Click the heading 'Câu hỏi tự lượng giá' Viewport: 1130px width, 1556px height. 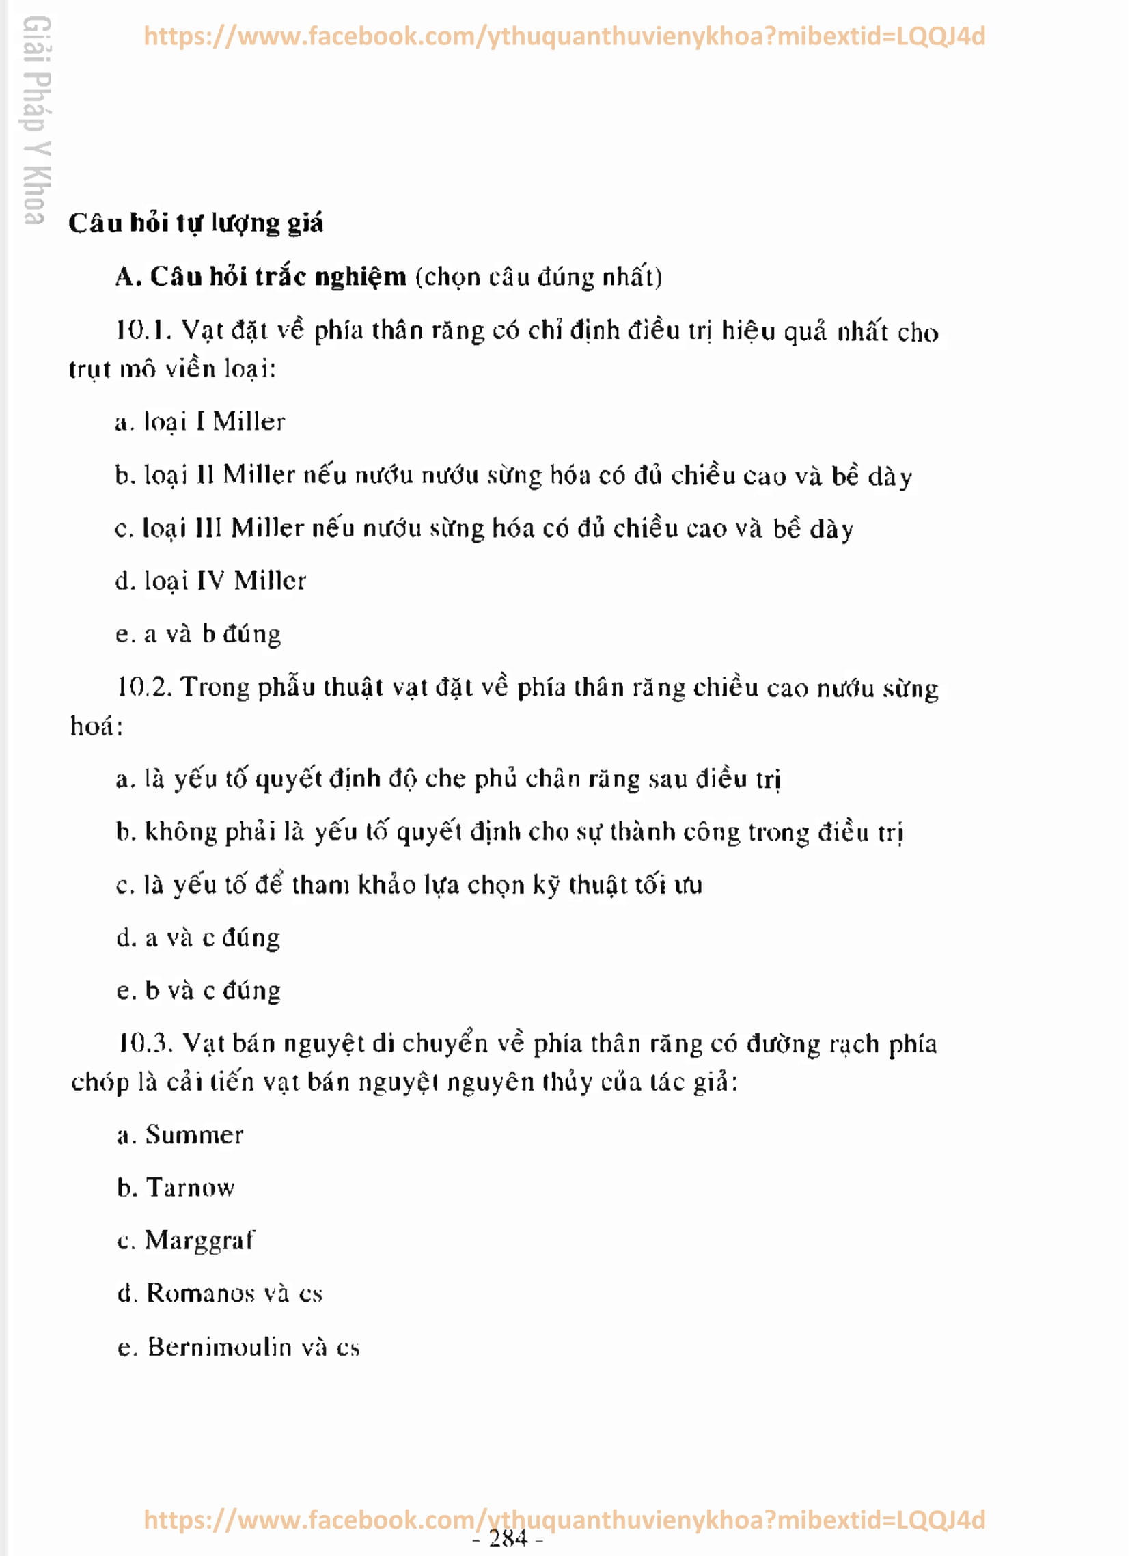[195, 223]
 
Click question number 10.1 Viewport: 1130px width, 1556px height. [143, 331]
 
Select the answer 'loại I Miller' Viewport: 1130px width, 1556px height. [214, 422]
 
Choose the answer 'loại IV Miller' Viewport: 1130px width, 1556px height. [224, 581]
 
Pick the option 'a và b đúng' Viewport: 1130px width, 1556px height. [212, 634]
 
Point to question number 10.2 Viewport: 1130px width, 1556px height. [143, 687]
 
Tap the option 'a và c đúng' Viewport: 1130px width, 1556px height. [212, 938]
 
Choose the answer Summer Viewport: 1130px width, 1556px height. [194, 1136]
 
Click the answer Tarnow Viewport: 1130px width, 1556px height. [190, 1188]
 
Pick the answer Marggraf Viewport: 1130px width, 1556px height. [199, 1241]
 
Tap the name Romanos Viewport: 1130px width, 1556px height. [200, 1294]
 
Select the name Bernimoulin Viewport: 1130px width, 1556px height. [219, 1348]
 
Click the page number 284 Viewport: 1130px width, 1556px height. [508, 1539]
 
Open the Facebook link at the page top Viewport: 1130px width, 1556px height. [564, 36]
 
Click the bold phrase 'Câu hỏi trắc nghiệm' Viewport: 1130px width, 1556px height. [278, 277]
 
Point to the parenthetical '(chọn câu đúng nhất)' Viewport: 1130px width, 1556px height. [538, 277]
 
